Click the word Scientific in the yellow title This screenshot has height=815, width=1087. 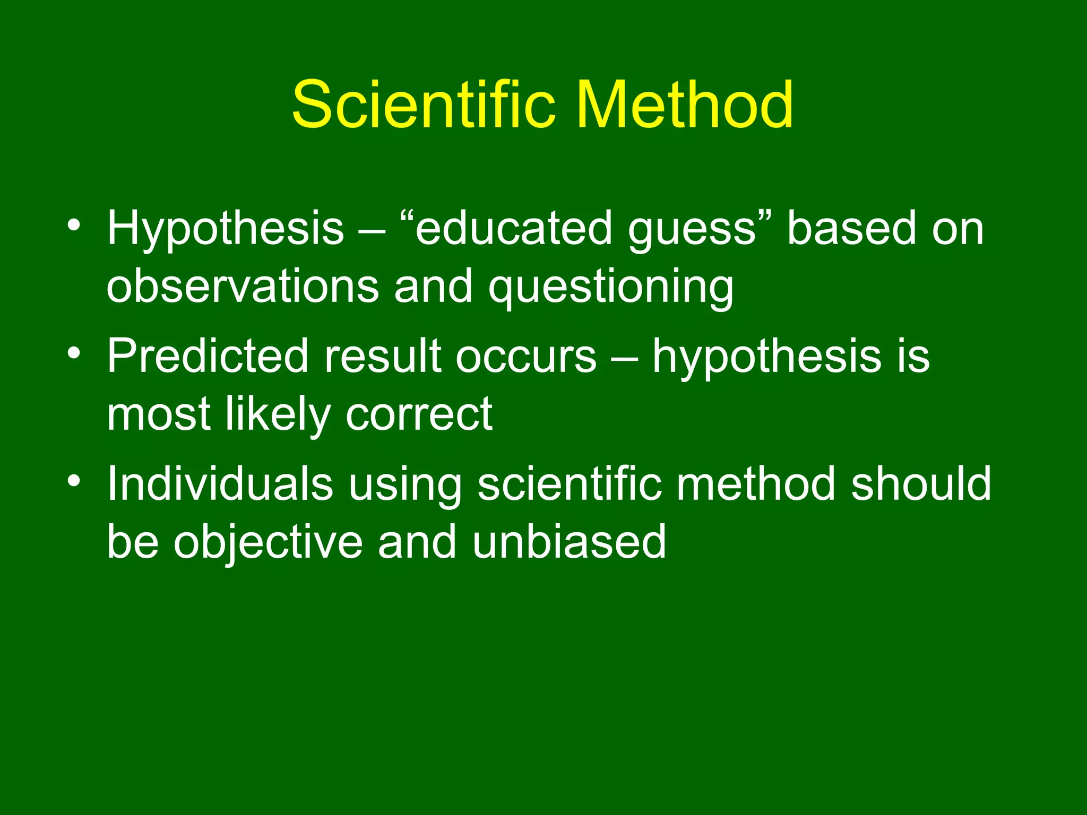424,104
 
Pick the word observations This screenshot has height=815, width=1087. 243,287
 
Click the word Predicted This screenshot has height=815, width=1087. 208,356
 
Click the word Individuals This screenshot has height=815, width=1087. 220,483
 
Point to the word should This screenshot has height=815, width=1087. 921,483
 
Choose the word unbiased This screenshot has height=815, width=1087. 569,541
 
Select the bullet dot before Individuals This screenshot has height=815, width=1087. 74,480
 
